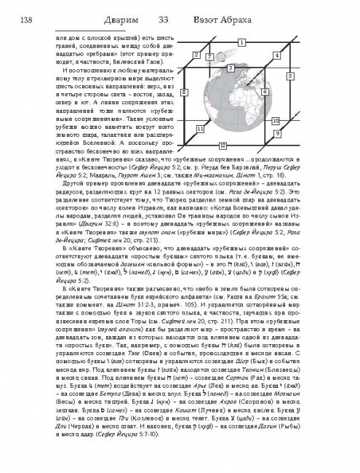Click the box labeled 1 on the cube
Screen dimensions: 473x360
click(x=241, y=42)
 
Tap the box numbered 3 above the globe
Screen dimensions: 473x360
click(x=230, y=68)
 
